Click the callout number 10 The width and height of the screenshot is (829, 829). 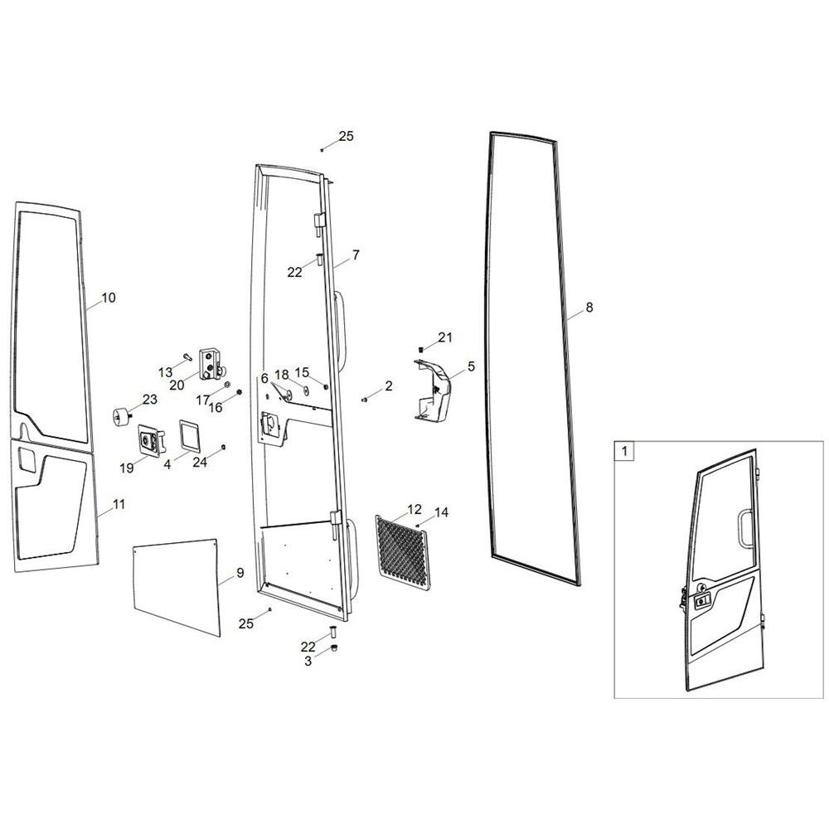(x=109, y=298)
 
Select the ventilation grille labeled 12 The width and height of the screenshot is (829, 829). (x=404, y=553)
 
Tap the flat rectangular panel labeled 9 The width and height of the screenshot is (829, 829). (x=176, y=586)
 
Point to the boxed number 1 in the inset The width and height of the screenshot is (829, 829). (x=625, y=451)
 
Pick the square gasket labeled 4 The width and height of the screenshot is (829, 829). (x=189, y=436)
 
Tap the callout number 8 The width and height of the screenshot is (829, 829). (x=589, y=308)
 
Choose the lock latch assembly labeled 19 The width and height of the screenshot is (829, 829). (x=152, y=440)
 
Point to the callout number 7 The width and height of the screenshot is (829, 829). (x=356, y=255)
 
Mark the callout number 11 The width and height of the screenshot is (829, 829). (x=119, y=504)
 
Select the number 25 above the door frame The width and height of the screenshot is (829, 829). (x=346, y=137)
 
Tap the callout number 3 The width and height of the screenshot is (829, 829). (x=308, y=661)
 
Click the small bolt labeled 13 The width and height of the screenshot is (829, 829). (x=187, y=357)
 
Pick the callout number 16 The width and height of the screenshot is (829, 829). (x=216, y=408)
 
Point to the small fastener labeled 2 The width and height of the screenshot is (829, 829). (x=364, y=400)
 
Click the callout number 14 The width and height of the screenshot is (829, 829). (x=441, y=512)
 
